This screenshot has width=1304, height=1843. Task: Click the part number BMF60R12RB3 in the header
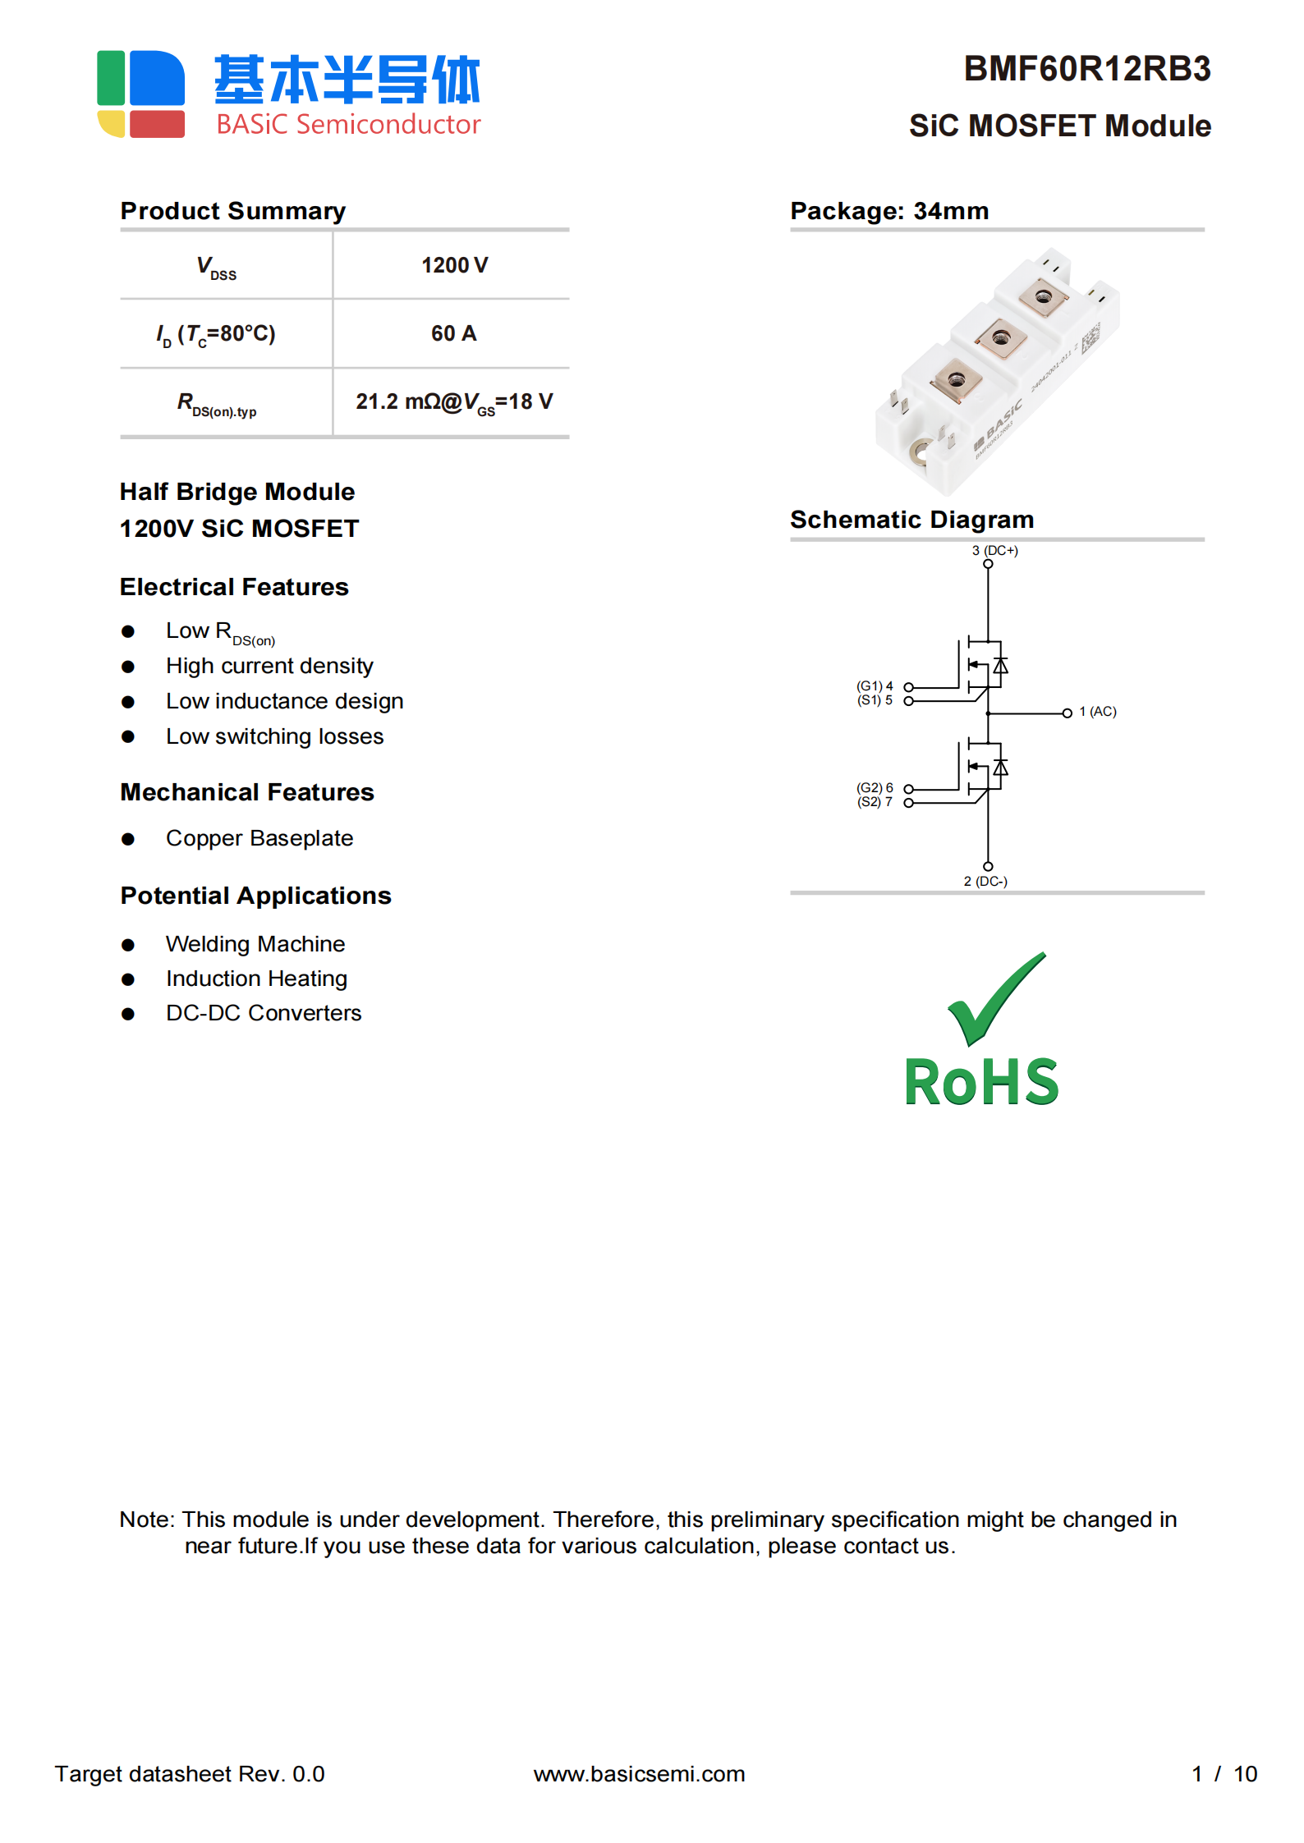click(x=1086, y=69)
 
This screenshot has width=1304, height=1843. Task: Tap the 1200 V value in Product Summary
click(x=454, y=265)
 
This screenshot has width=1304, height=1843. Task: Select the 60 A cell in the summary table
click(x=453, y=333)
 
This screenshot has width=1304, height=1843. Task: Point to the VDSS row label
click(x=217, y=267)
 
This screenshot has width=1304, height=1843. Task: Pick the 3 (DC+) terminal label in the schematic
click(x=994, y=550)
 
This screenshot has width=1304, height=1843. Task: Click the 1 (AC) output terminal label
click(x=1098, y=712)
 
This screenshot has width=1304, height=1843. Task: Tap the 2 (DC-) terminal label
click(x=985, y=881)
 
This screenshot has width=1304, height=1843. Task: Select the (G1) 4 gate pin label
click(x=875, y=685)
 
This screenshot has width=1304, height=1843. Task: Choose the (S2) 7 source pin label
click(x=875, y=802)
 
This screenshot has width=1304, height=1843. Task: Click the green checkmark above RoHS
click(x=995, y=997)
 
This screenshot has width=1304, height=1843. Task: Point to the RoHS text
click(x=981, y=1082)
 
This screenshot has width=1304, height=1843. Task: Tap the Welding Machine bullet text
click(x=255, y=944)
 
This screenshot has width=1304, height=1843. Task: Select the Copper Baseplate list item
click(x=259, y=838)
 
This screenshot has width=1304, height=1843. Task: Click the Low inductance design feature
click(x=284, y=701)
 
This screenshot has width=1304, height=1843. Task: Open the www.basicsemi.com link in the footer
click(x=639, y=1774)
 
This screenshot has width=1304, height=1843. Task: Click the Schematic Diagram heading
click(x=911, y=520)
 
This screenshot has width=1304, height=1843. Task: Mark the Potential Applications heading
click(x=255, y=896)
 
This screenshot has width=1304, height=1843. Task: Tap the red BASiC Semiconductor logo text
click(x=348, y=124)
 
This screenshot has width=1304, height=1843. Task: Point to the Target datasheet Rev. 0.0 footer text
click(x=190, y=1774)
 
